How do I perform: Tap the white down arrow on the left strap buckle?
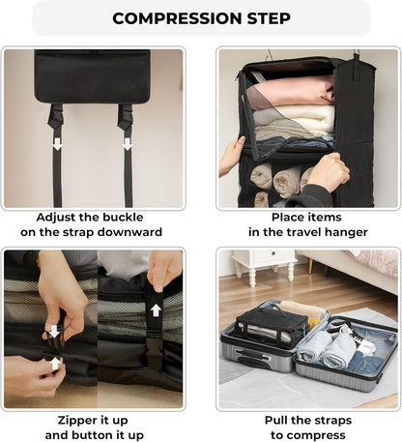(57, 143)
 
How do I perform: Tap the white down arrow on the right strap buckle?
(126, 143)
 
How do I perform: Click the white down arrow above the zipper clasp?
(54, 331)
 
